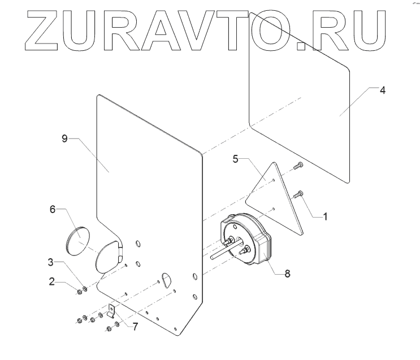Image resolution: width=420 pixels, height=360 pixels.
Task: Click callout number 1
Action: coord(324,216)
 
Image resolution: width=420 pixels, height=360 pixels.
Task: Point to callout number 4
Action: coord(382,90)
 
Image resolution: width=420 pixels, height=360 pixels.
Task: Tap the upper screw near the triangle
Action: coord(298,165)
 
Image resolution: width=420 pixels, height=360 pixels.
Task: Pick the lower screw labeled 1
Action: coord(299,195)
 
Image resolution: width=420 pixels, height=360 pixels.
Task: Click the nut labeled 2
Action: coord(80,292)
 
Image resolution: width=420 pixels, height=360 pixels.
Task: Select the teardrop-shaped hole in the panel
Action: coord(167,279)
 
